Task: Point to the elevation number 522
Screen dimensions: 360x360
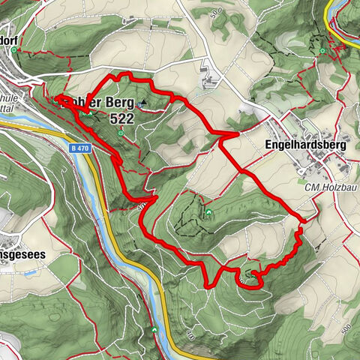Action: (121, 118)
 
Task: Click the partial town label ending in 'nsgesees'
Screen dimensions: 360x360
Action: (22, 254)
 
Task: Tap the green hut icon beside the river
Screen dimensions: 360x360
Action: (154, 330)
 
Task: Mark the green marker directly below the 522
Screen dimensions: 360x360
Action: (120, 133)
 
